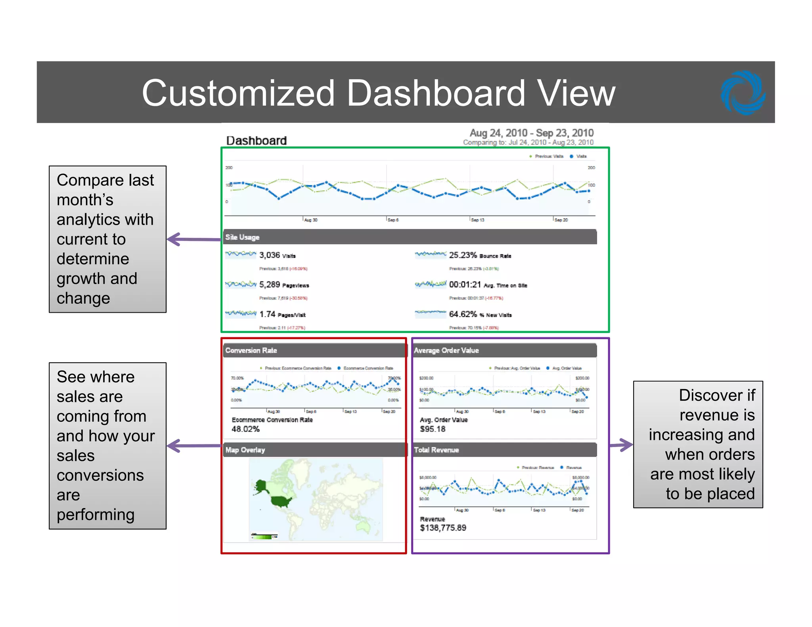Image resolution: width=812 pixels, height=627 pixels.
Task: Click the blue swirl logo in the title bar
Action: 743,93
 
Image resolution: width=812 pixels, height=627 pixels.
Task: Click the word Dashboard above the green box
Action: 256,141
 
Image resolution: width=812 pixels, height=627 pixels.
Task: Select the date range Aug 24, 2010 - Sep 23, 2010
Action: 531,133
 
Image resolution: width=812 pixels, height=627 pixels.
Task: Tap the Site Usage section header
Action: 242,237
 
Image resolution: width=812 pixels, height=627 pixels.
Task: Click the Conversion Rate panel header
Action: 251,350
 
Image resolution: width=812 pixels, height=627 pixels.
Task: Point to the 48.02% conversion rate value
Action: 245,429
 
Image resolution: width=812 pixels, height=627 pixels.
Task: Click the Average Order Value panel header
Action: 446,350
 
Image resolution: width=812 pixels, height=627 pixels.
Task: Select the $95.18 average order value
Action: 433,429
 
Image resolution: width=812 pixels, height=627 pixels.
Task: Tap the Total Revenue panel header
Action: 436,450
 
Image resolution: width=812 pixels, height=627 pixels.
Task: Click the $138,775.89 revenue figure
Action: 443,528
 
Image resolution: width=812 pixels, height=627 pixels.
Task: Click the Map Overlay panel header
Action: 245,450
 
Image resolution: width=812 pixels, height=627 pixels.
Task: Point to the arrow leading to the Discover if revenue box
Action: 621,445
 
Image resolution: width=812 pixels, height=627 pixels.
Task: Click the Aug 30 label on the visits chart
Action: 311,220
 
